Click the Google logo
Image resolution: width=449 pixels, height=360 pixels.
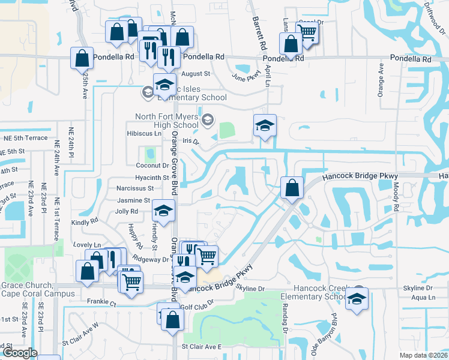(x=19, y=353)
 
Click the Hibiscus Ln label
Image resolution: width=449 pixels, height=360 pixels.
(x=144, y=133)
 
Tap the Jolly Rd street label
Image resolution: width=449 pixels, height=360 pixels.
(x=126, y=211)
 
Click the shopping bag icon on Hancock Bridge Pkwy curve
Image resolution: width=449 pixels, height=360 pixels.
(x=292, y=187)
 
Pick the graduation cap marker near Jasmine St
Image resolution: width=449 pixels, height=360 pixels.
(x=163, y=210)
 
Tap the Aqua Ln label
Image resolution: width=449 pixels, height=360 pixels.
(x=423, y=298)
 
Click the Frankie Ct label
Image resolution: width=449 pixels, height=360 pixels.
(x=100, y=302)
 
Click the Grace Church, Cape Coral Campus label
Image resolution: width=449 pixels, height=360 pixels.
(x=28, y=289)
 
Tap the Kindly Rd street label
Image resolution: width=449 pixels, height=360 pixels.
(x=84, y=222)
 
